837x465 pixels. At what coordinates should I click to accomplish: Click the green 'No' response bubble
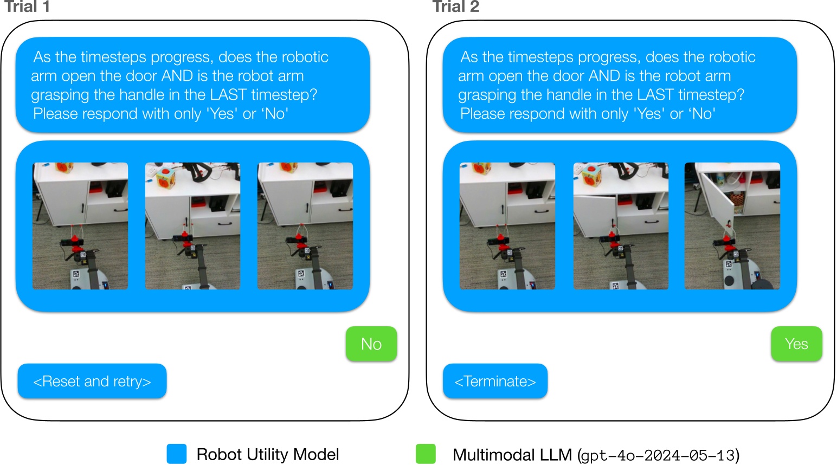point(371,344)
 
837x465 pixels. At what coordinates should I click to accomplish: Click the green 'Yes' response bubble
point(796,344)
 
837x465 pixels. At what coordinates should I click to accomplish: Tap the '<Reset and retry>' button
point(92,382)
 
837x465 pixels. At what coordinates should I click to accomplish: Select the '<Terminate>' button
point(495,382)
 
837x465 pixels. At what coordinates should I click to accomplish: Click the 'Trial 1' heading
point(27,7)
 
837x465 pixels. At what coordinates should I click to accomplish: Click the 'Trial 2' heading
point(455,7)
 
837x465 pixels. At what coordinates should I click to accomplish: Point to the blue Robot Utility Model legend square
point(177,454)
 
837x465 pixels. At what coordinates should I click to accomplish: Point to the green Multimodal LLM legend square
point(426,454)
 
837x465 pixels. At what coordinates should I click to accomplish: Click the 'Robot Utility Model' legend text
point(268,454)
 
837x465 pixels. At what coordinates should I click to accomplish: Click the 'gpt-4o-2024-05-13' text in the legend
point(658,455)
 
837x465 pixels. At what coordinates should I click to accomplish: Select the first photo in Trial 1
point(80,226)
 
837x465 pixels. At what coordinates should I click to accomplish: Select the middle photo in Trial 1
point(192,226)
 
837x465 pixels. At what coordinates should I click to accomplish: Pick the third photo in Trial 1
point(305,226)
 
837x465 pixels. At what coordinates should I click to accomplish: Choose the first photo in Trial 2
point(507,226)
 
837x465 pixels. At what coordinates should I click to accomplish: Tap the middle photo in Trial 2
point(621,226)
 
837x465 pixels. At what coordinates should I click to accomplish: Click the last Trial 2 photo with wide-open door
point(732,226)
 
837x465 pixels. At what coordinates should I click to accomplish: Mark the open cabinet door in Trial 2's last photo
point(717,201)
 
